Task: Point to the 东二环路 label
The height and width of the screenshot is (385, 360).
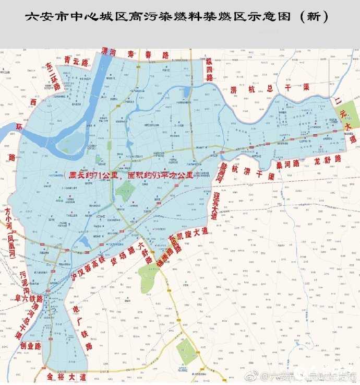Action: click(x=53, y=77)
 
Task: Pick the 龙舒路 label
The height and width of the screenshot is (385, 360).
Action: click(x=328, y=158)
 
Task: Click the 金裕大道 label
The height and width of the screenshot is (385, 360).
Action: click(x=66, y=376)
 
